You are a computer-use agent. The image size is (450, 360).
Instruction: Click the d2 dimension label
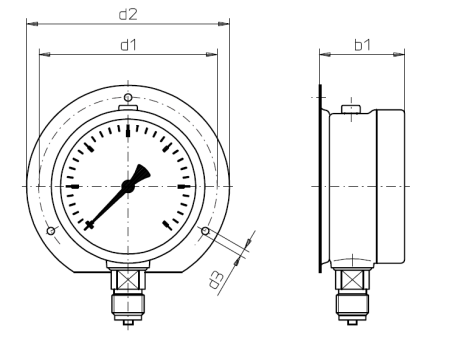[x=128, y=14]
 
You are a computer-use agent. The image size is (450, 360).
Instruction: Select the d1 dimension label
[x=128, y=45]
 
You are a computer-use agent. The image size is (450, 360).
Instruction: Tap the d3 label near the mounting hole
[x=217, y=278]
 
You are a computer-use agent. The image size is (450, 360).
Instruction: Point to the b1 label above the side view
[x=363, y=45]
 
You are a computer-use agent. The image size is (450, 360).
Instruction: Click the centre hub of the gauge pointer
[x=128, y=185]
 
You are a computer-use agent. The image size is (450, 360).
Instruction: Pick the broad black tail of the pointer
[x=142, y=173]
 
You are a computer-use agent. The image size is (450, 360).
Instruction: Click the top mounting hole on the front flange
[x=127, y=96]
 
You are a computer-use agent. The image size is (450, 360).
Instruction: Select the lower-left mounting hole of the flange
[x=50, y=232]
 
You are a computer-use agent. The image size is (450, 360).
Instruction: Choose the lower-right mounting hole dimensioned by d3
[x=205, y=232]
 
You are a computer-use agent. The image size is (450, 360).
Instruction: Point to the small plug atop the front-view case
[x=127, y=108]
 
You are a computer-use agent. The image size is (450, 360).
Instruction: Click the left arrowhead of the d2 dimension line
[x=30, y=22]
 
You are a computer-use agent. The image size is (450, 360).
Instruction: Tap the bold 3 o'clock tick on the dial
[x=184, y=186]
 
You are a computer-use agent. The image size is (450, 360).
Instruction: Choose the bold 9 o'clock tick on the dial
[x=71, y=186]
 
